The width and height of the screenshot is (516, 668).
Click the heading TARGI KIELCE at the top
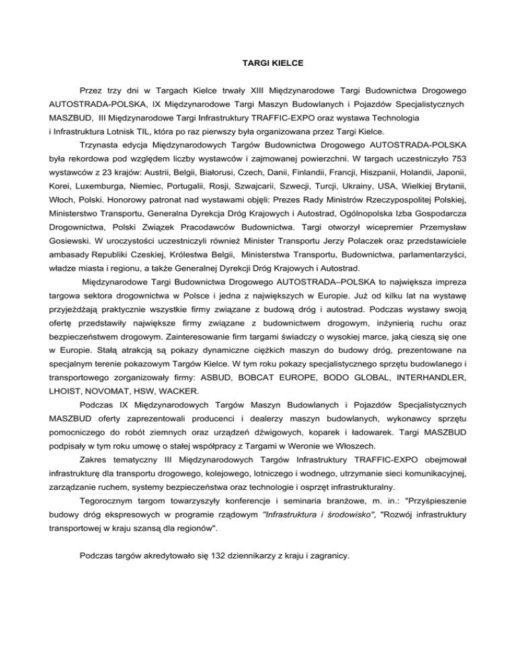pos(257,64)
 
